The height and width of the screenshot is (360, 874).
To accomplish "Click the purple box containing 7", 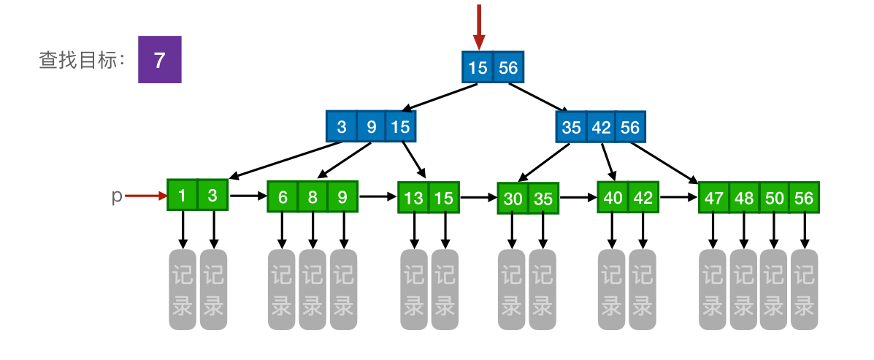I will click(159, 60).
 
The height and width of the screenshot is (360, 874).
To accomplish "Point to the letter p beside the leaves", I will click(116, 196).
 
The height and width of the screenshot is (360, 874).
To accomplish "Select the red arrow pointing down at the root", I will click(479, 26).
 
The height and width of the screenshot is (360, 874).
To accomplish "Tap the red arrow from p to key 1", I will click(146, 196).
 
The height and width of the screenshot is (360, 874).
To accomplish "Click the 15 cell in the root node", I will click(478, 68).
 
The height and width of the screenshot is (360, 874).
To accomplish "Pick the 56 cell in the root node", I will click(508, 68).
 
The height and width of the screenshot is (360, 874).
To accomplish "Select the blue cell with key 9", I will click(371, 127).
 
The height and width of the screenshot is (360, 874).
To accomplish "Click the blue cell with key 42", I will click(601, 127).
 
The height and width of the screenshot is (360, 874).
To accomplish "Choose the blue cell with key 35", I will click(571, 127).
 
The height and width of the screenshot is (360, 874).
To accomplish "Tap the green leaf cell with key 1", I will click(183, 195).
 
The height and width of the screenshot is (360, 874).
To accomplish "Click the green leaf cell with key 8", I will click(313, 197).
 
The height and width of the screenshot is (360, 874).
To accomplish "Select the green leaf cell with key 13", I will click(413, 197).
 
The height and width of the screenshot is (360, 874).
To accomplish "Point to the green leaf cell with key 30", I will click(513, 198).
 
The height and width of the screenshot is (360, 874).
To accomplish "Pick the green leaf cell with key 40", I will click(613, 197).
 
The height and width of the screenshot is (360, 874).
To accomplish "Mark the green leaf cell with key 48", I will click(744, 198).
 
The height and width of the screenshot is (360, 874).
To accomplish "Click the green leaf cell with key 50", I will click(774, 198).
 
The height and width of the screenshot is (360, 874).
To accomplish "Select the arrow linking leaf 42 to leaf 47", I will click(678, 197).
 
